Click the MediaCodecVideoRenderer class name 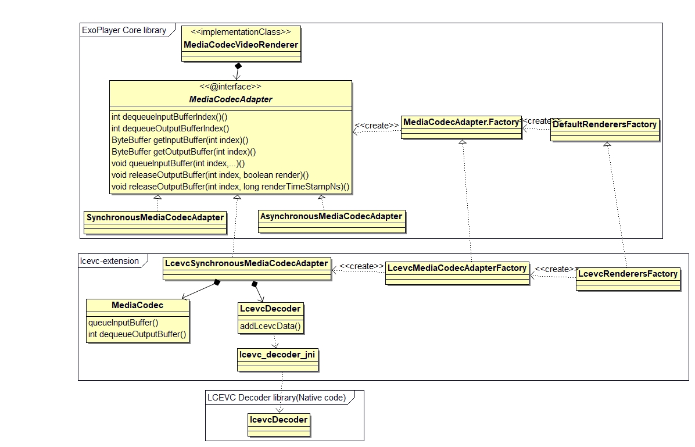(x=241, y=45)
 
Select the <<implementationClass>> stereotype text (x=241, y=32)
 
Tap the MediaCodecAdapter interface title (x=231, y=99)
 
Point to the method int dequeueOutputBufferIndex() (x=170, y=128)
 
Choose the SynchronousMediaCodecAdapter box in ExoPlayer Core (x=155, y=217)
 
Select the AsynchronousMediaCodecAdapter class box (x=331, y=216)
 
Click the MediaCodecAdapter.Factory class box (x=461, y=122)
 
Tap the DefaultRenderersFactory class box (x=604, y=124)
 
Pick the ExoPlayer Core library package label (x=124, y=30)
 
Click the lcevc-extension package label (x=110, y=261)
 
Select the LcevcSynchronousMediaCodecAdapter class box (x=246, y=263)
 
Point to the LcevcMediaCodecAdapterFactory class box (x=457, y=268)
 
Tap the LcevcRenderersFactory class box (x=628, y=274)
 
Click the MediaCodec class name (x=138, y=305)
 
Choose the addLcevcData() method (x=270, y=326)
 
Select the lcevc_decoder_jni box (x=278, y=354)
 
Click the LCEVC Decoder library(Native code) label (x=277, y=398)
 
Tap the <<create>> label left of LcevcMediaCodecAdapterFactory (x=361, y=266)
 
